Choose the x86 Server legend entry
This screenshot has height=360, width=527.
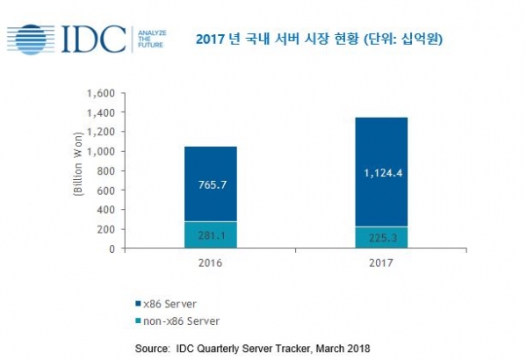[166, 304]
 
